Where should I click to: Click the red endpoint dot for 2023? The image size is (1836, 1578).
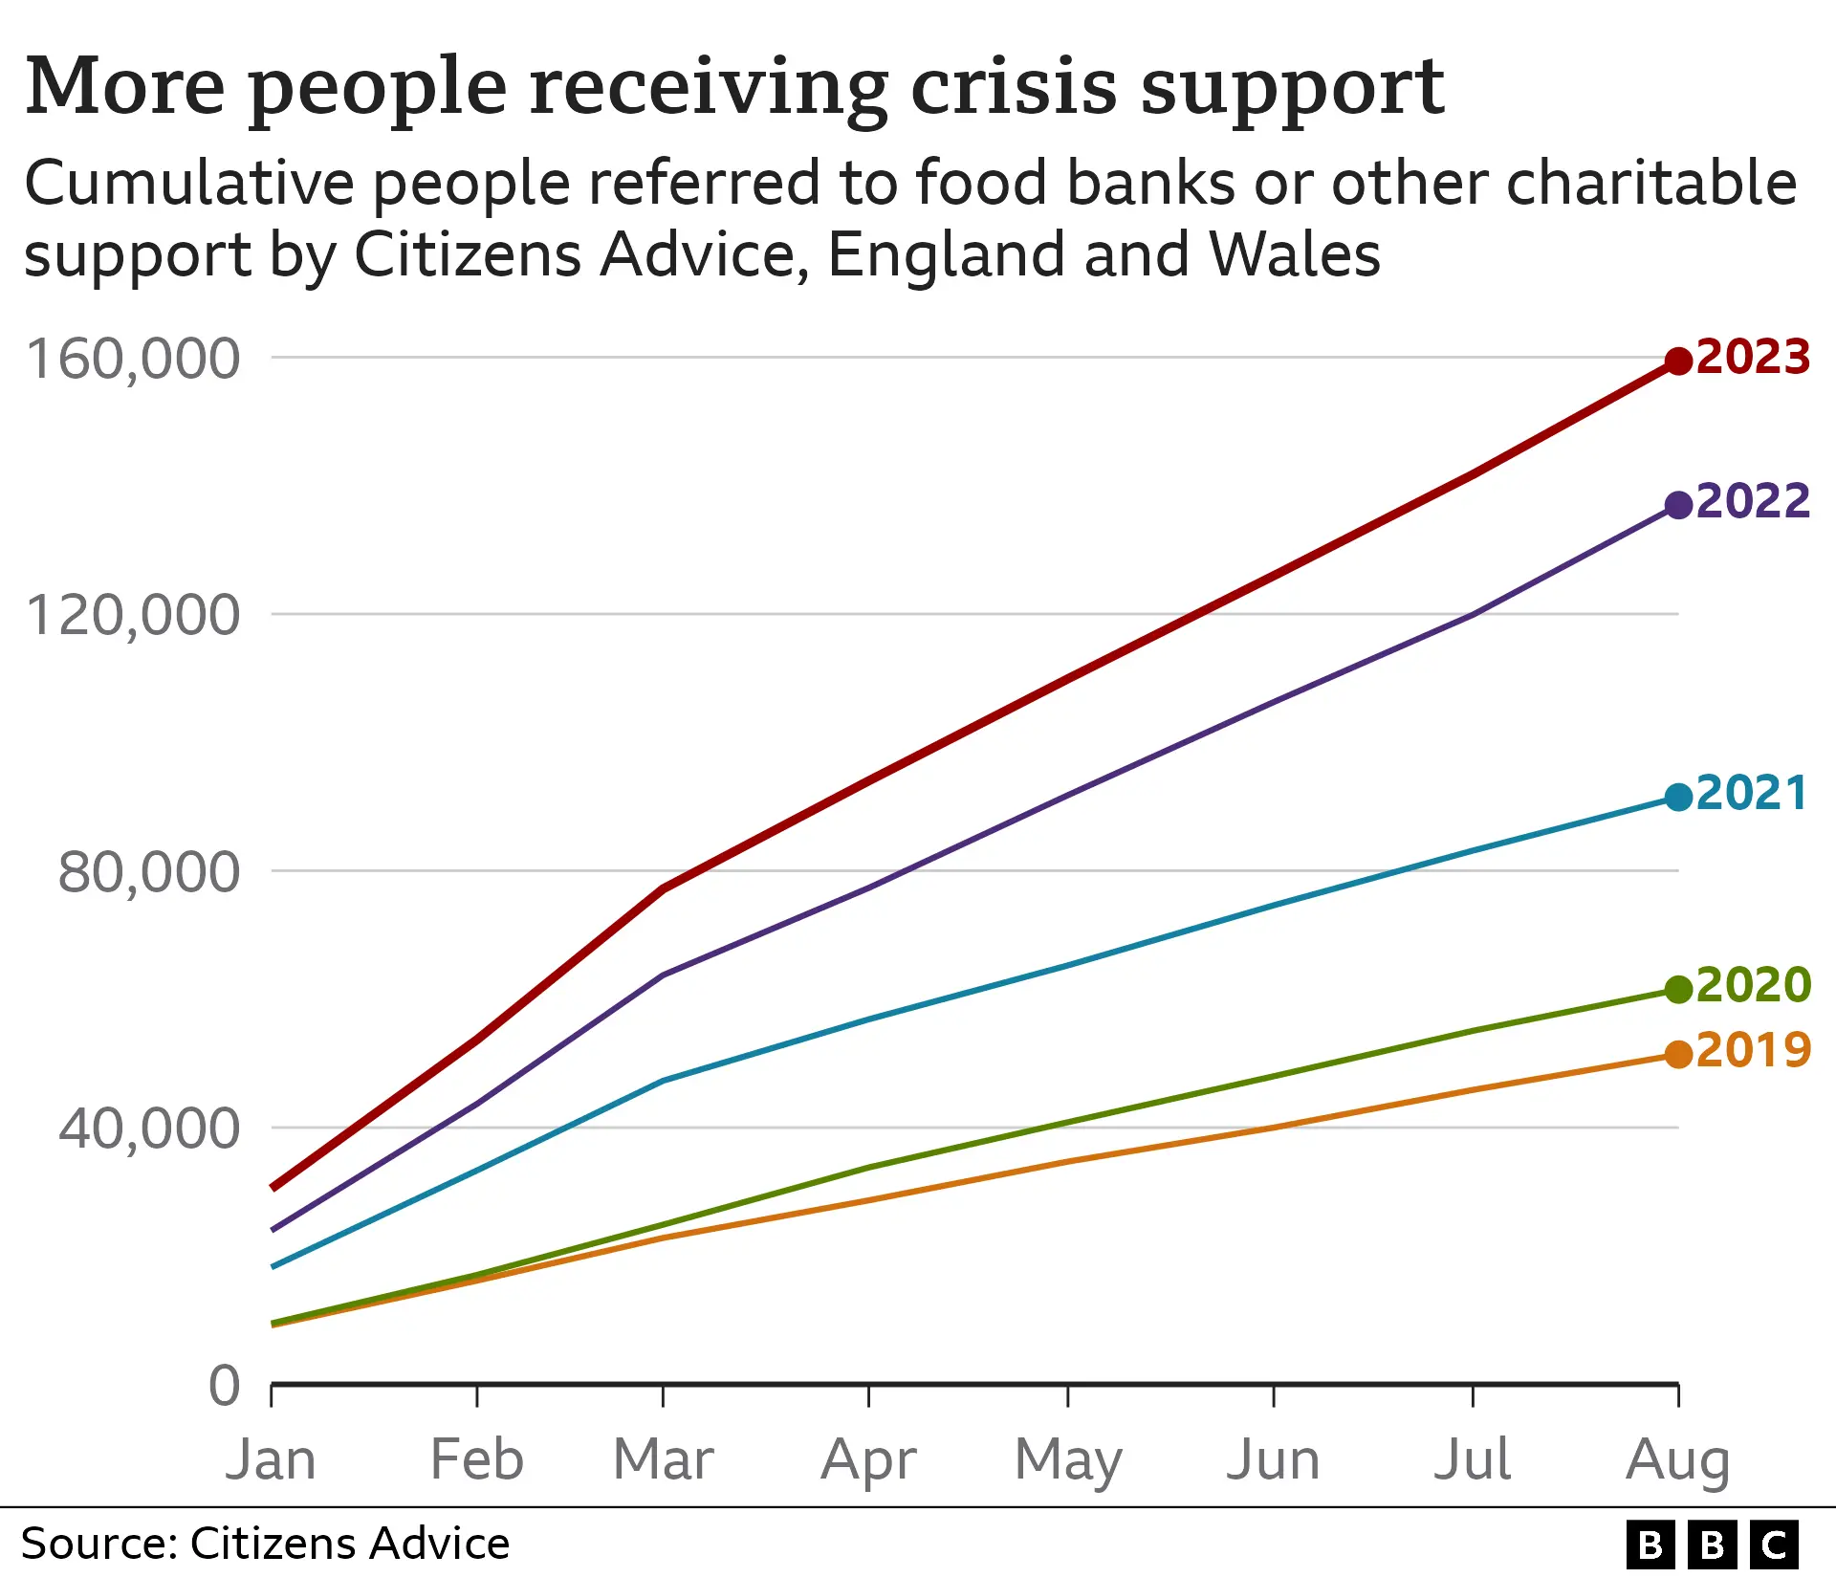(1678, 362)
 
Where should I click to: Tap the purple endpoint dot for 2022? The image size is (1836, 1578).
(1678, 505)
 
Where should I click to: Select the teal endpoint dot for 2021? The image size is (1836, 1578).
(1678, 797)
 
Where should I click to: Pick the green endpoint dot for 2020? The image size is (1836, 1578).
(1678, 990)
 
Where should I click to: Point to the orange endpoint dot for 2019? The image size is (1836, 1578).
(1678, 1055)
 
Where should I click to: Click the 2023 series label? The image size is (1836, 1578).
(1753, 357)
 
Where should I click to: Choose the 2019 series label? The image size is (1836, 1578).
(1753, 1050)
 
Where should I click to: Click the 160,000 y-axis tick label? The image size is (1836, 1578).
(133, 360)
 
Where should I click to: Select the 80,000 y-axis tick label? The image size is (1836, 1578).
(149, 872)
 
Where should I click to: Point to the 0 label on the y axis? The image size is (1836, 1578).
(225, 1386)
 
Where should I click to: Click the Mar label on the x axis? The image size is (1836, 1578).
(663, 1459)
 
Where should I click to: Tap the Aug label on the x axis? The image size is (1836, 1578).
(1677, 1461)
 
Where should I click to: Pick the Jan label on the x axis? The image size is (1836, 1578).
(271, 1459)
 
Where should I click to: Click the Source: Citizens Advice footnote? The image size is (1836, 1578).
(265, 1544)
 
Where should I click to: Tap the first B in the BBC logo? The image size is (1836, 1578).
(1650, 1545)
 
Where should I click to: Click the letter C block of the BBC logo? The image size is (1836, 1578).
(1775, 1545)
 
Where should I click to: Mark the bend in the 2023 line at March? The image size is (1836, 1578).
(663, 888)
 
